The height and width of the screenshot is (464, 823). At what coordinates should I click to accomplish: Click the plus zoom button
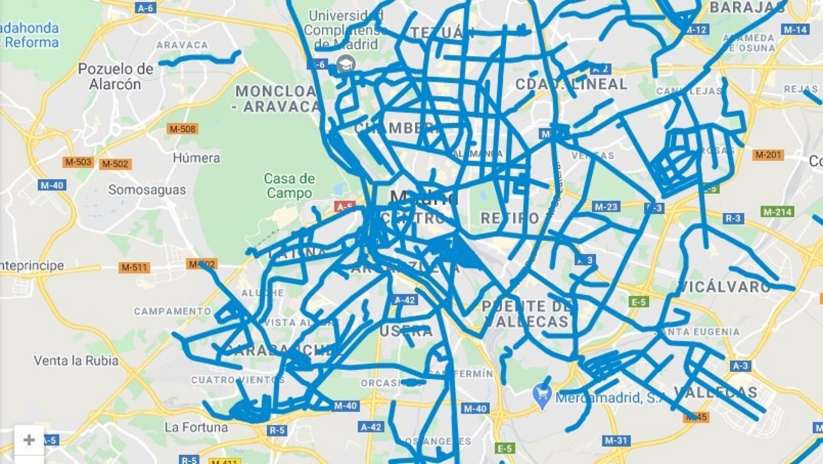click(x=29, y=440)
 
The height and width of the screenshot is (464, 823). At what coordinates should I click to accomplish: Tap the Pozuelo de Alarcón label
click(x=116, y=76)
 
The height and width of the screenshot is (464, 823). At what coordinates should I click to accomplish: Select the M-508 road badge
click(x=183, y=129)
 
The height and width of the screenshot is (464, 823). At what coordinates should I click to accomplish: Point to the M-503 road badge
click(x=78, y=162)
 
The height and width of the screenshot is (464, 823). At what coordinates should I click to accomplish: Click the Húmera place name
click(x=196, y=158)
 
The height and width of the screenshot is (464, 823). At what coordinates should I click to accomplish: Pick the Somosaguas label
click(x=147, y=190)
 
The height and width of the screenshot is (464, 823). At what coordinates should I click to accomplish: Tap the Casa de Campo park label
click(x=289, y=186)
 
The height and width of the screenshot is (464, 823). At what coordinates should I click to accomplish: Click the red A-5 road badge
click(x=344, y=207)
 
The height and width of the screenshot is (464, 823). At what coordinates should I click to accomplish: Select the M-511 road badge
click(x=134, y=267)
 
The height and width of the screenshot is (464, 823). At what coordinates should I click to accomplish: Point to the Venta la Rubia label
click(x=76, y=360)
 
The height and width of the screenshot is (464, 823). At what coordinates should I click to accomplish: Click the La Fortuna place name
click(x=196, y=427)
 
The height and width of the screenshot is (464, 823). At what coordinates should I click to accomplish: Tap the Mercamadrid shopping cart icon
click(x=542, y=396)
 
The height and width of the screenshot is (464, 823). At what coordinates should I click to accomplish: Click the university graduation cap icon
click(x=347, y=64)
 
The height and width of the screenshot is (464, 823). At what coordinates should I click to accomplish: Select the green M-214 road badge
click(x=777, y=212)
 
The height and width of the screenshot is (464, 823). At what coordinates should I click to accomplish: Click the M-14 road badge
click(x=795, y=29)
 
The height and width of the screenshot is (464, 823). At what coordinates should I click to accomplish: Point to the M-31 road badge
click(x=616, y=440)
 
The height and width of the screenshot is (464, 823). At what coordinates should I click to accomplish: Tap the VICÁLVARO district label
click(x=724, y=287)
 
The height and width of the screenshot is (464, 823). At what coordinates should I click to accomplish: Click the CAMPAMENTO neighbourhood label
click(x=172, y=311)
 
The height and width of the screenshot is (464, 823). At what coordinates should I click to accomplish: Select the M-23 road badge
click(x=605, y=207)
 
